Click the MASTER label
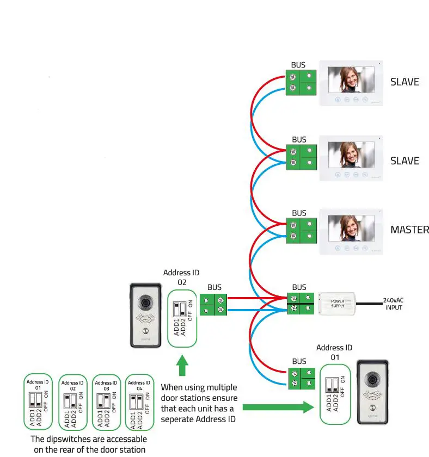(x=409, y=230)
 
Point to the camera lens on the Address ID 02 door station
(x=145, y=302)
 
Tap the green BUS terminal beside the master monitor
(x=302, y=231)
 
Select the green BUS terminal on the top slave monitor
(x=302, y=82)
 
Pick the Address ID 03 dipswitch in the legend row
(x=106, y=402)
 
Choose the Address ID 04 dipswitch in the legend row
(x=139, y=402)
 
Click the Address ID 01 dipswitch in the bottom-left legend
(x=38, y=402)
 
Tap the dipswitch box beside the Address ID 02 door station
(x=182, y=318)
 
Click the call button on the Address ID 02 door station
(x=145, y=331)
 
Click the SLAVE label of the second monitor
(x=405, y=161)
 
